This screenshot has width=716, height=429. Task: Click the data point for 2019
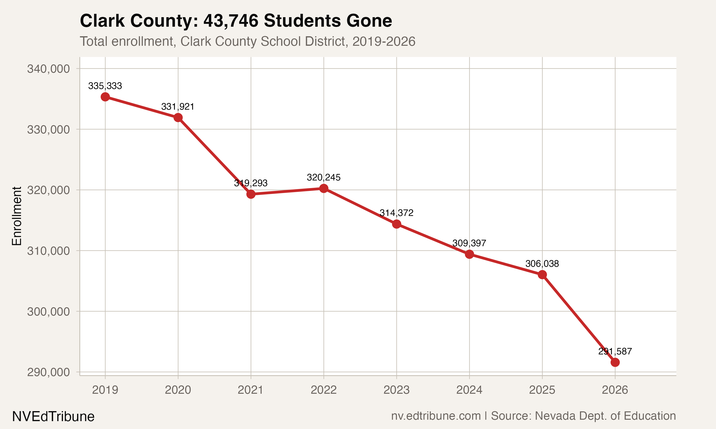coord(105,97)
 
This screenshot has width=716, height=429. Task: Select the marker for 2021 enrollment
coord(251,194)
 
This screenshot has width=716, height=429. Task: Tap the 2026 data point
coord(615,362)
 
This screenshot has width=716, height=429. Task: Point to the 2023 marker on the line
coord(396,224)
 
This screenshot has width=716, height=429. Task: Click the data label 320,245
coord(324,178)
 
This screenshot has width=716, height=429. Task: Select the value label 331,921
coord(178,107)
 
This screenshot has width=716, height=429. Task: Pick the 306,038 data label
coord(542,264)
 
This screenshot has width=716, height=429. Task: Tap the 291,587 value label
coord(615,352)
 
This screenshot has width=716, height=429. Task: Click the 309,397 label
coord(469,243)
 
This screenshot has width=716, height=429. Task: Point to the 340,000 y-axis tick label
coord(48,69)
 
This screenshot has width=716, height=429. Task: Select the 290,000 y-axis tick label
coord(48,372)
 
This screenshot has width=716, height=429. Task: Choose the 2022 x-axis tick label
coord(324,390)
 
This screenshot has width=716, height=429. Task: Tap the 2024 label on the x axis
coord(469,390)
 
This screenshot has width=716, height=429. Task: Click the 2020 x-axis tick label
coord(178,390)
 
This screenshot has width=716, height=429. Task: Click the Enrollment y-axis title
coord(17,216)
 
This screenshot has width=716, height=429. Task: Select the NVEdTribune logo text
coord(53,417)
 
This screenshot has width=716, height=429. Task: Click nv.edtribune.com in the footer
coord(436,416)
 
